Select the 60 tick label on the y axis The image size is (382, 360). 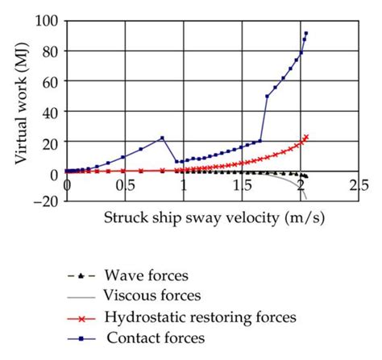point(52,81)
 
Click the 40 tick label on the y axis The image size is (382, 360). point(52,112)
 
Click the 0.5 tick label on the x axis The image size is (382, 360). point(123,185)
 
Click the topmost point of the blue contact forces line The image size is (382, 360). point(306,33)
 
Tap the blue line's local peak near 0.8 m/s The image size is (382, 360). point(162,138)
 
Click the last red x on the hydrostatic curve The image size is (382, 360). point(306,137)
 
